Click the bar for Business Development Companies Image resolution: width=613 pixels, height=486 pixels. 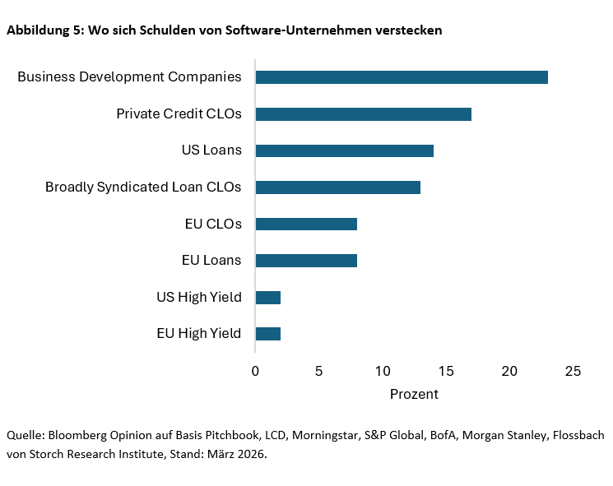click(x=402, y=77)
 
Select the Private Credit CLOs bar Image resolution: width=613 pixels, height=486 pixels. click(x=363, y=113)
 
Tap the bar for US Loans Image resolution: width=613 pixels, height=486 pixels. click(x=344, y=150)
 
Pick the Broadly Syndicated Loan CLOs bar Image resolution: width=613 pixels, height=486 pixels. click(x=337, y=187)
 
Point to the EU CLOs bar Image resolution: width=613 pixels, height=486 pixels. click(x=306, y=224)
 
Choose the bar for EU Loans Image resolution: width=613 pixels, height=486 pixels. click(x=306, y=261)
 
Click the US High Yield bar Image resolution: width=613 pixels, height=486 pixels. click(x=268, y=297)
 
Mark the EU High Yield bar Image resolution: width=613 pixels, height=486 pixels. click(x=268, y=334)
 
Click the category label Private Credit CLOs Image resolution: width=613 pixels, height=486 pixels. click(x=179, y=113)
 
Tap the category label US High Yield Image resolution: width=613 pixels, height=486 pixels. click(x=198, y=297)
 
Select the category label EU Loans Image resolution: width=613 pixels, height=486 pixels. click(x=211, y=261)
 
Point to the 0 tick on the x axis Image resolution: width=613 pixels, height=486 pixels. click(x=255, y=372)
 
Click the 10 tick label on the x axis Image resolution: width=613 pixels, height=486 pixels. click(x=383, y=372)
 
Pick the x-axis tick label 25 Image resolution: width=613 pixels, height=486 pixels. click(x=574, y=372)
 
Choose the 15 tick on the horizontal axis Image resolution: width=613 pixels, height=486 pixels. click(x=446, y=372)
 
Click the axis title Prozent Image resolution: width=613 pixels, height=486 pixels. click(x=414, y=394)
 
